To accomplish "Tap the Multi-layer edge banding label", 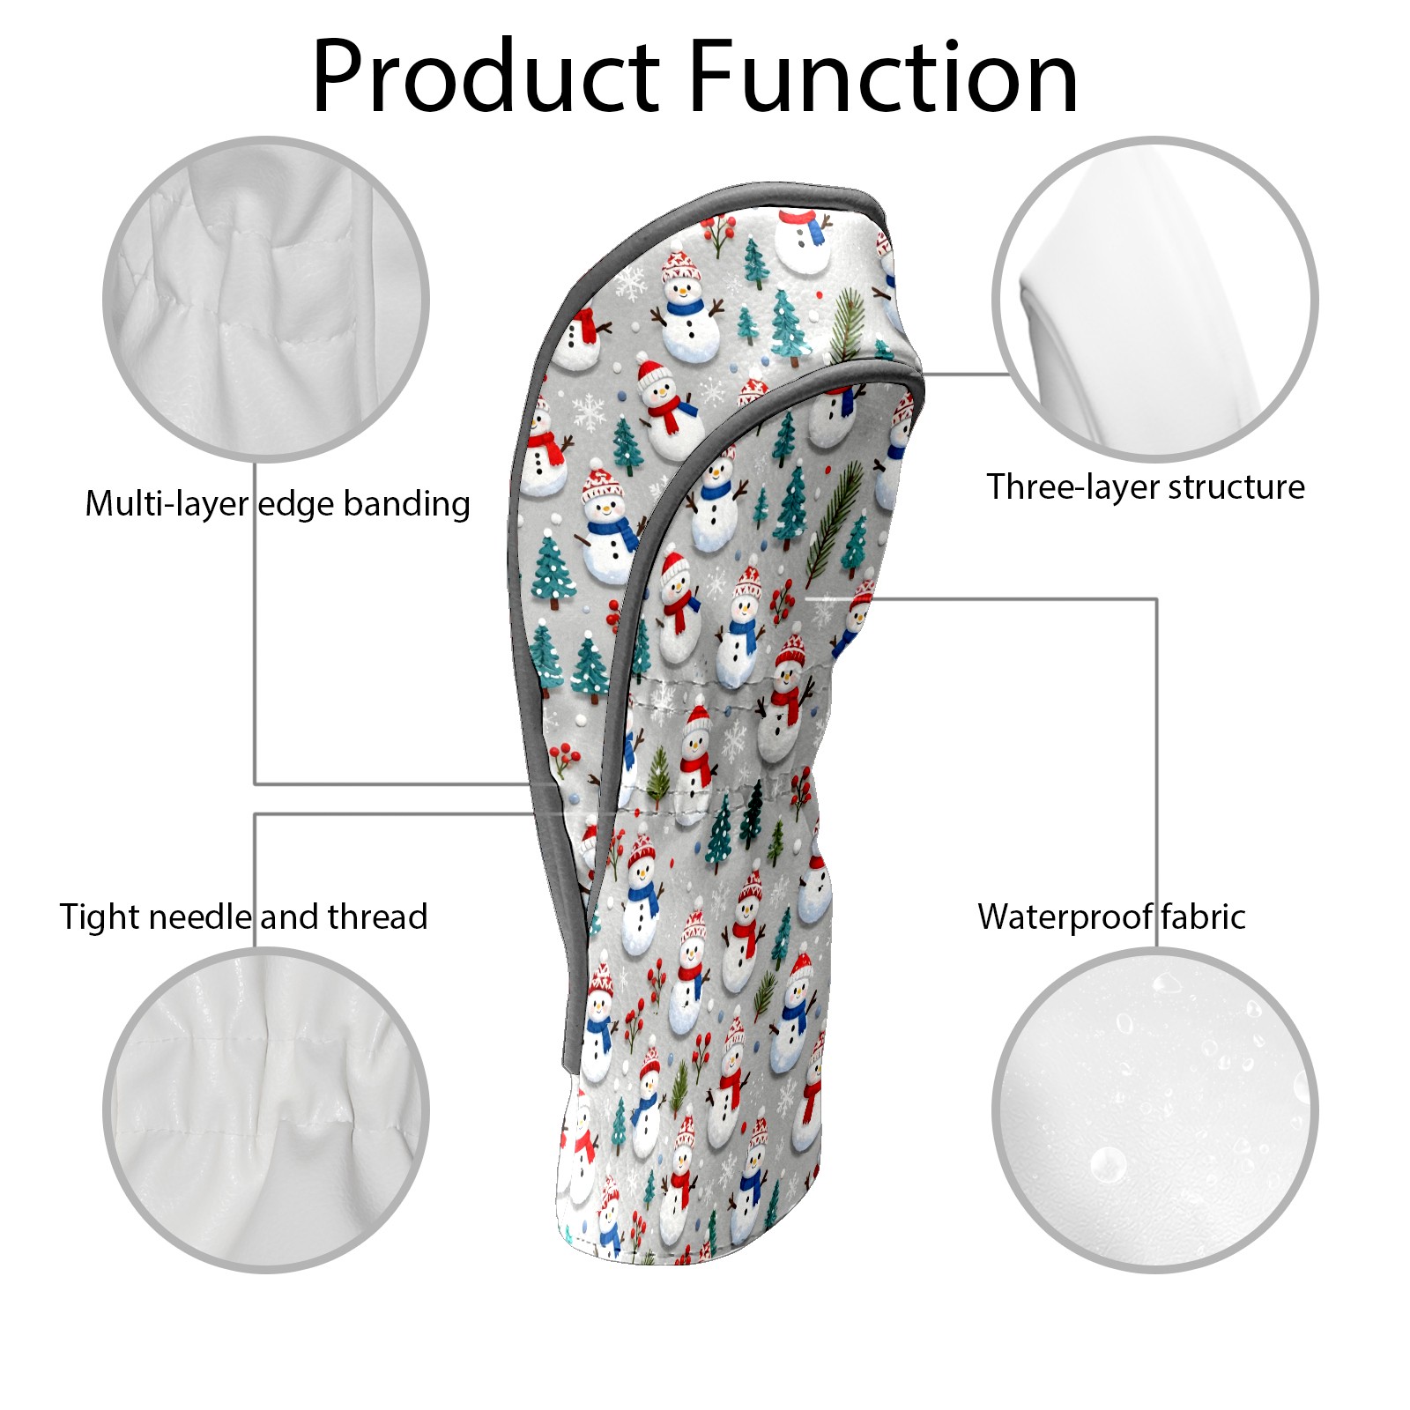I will coord(277,504).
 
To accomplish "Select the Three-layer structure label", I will coord(1145,486).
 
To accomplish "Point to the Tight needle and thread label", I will coord(243,916).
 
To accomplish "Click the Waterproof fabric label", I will coord(1111,916).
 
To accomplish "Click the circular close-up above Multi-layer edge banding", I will coord(266,299).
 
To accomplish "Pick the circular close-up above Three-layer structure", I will coord(1154,299).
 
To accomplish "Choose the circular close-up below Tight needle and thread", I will coord(266,1109).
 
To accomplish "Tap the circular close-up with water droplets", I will coord(1154,1109).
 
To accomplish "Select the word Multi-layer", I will coord(167,504).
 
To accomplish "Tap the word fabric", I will coord(1203,916).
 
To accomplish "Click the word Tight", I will coord(99,916).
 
